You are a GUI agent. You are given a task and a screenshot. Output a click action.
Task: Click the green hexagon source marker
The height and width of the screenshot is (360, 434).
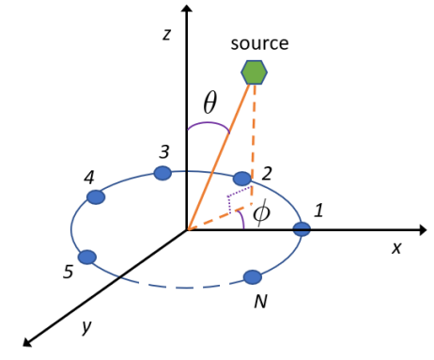tap(254, 71)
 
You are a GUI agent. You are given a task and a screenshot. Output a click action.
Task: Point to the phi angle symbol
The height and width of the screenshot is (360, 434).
tap(262, 214)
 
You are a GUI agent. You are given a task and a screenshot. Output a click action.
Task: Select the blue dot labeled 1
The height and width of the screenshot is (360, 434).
tap(302, 228)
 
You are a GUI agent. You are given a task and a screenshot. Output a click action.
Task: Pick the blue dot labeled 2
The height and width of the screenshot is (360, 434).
tap(242, 179)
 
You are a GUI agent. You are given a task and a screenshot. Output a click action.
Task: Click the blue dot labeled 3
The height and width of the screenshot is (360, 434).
tap(163, 173)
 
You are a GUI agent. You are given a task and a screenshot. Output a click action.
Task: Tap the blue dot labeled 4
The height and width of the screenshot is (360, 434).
tap(95, 196)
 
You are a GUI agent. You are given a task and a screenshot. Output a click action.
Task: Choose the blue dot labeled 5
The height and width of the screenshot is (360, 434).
tap(87, 257)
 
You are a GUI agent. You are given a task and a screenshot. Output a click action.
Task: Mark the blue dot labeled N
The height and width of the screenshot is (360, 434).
tap(252, 276)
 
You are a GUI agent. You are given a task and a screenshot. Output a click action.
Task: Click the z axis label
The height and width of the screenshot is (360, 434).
tap(165, 35)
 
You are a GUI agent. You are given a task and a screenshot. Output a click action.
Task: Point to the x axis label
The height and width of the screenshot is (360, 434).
tap(396, 247)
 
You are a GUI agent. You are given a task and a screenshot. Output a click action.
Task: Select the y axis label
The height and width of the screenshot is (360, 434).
tap(85, 326)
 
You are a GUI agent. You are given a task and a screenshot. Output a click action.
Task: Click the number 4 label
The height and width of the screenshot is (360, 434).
tap(88, 177)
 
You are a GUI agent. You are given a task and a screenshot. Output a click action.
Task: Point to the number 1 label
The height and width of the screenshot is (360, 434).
tap(318, 211)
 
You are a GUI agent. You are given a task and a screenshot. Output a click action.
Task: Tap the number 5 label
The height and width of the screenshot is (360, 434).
tap(68, 273)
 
